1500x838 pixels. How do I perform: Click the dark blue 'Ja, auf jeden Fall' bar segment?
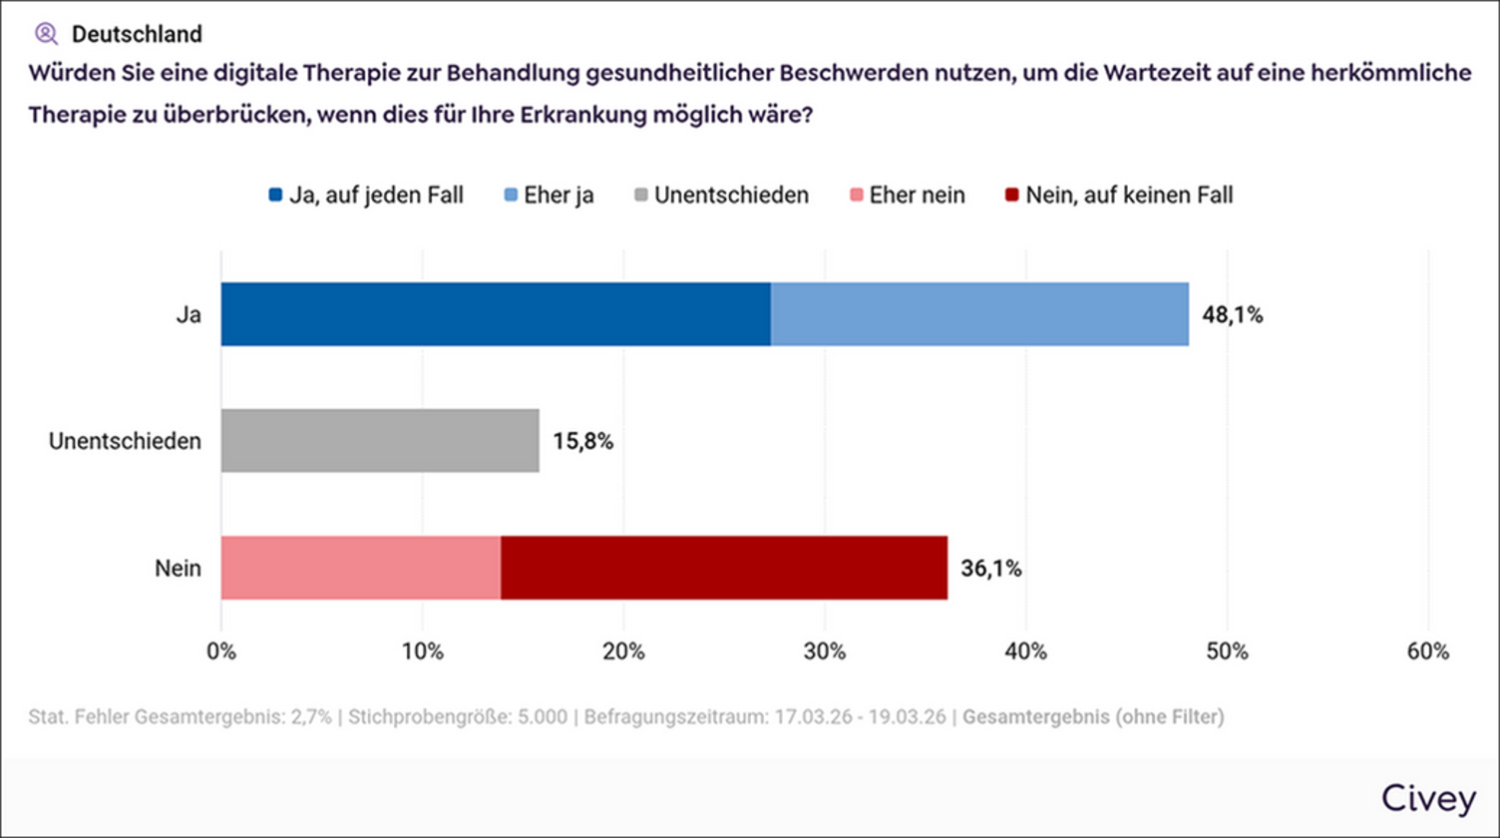pos(496,314)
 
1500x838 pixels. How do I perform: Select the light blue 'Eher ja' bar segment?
pos(979,314)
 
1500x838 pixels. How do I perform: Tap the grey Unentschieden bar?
pos(380,440)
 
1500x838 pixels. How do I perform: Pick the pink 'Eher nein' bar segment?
pos(360,568)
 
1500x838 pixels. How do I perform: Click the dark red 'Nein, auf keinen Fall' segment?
pos(724,568)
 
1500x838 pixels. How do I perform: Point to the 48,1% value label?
pos(1233,316)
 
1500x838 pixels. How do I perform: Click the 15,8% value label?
pos(582,441)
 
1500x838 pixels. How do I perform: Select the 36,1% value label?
pos(990,569)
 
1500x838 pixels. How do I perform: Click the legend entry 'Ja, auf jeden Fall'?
pos(366,196)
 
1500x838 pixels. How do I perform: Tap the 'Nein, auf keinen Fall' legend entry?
pos(1116,196)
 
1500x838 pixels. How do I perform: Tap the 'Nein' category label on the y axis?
pos(179,569)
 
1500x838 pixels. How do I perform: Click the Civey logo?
pos(1428,798)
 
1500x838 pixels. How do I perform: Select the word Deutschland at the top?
pos(137,34)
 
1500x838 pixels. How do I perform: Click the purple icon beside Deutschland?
pos(46,34)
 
